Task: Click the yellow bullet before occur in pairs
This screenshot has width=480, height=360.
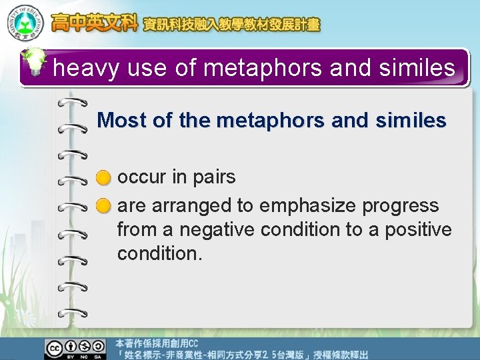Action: coord(103,178)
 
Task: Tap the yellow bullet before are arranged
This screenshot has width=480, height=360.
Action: coord(103,206)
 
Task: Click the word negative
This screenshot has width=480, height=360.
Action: coord(216,229)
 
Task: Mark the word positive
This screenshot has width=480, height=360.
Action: coord(416,229)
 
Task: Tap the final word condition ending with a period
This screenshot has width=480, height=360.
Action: coord(159,253)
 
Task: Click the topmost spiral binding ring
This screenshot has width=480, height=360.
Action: coord(73,103)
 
